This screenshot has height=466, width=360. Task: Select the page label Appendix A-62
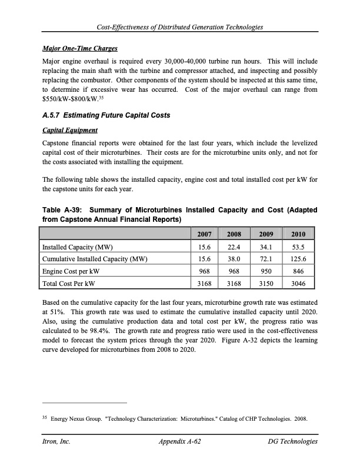(180, 441)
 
